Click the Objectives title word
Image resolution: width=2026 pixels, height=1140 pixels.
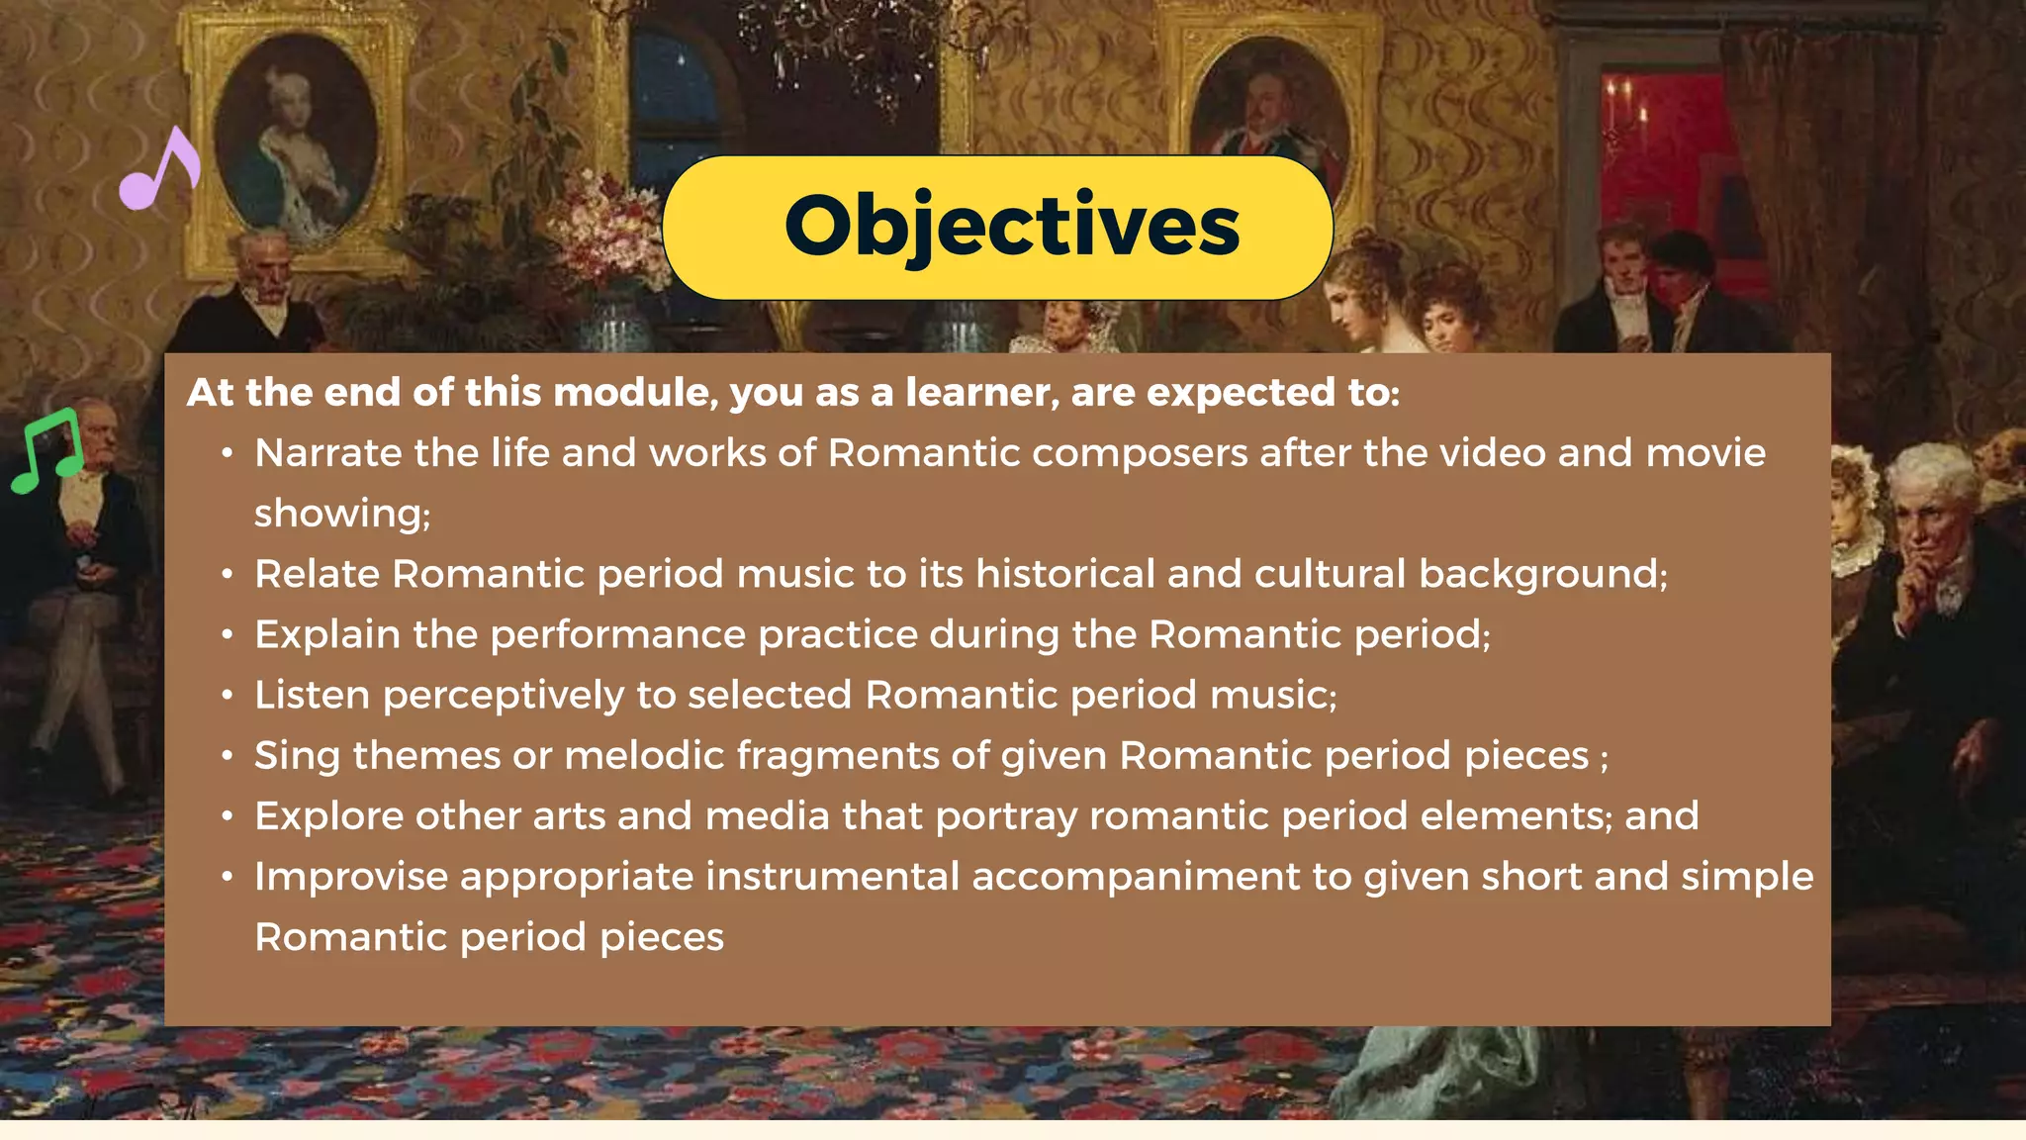[1011, 227]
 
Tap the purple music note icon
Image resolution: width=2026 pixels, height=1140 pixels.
[160, 169]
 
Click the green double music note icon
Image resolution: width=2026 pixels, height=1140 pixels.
[46, 450]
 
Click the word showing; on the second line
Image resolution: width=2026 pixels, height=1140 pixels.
[342, 514]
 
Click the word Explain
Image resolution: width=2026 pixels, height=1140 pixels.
[326, 635]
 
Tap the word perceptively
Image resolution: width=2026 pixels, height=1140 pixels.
[503, 696]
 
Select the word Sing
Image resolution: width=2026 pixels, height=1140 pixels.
[297, 756]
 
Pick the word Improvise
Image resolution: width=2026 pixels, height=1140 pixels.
[351, 878]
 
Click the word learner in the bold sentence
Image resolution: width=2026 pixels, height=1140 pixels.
[980, 393]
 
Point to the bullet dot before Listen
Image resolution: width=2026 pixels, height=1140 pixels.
[228, 696]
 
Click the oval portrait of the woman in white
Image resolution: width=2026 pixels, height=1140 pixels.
[296, 139]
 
